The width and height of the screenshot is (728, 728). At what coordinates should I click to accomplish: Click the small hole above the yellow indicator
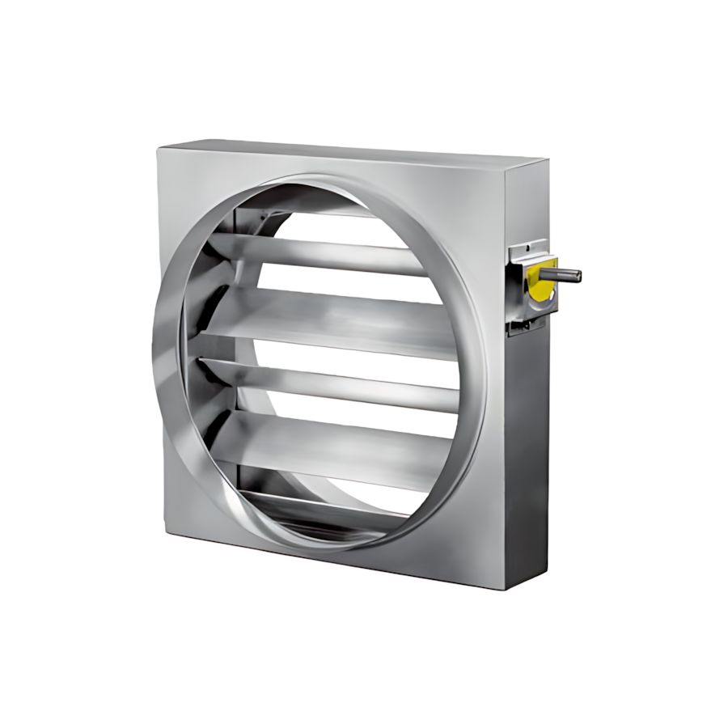530,243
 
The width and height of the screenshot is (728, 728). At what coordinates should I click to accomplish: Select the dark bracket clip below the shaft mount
522,325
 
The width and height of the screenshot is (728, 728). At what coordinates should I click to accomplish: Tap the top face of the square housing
340,151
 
